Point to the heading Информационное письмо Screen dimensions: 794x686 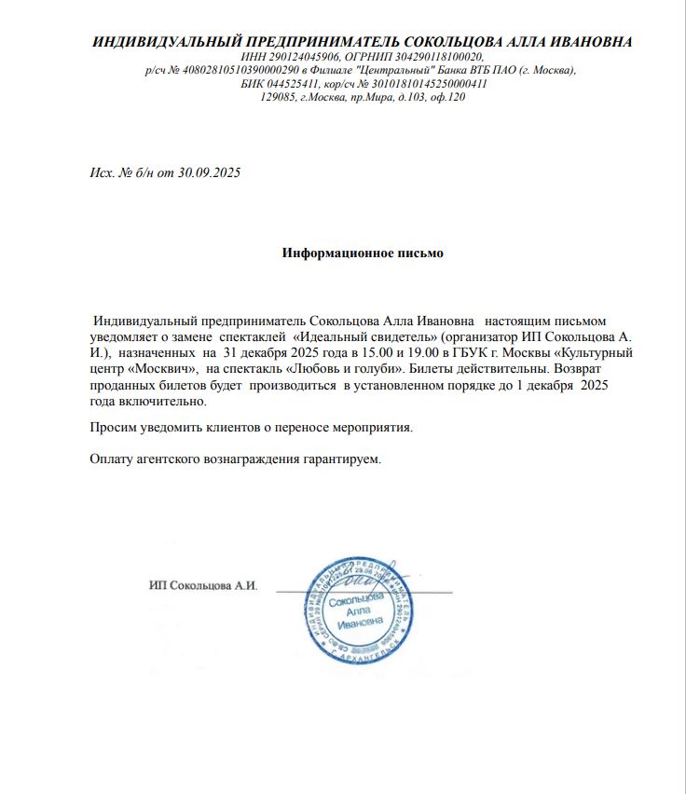tap(363, 253)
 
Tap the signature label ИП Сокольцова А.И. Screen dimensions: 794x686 tap(202, 586)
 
